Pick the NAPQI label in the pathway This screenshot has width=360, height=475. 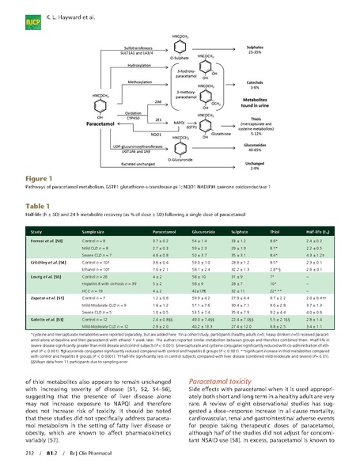click(179, 123)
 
